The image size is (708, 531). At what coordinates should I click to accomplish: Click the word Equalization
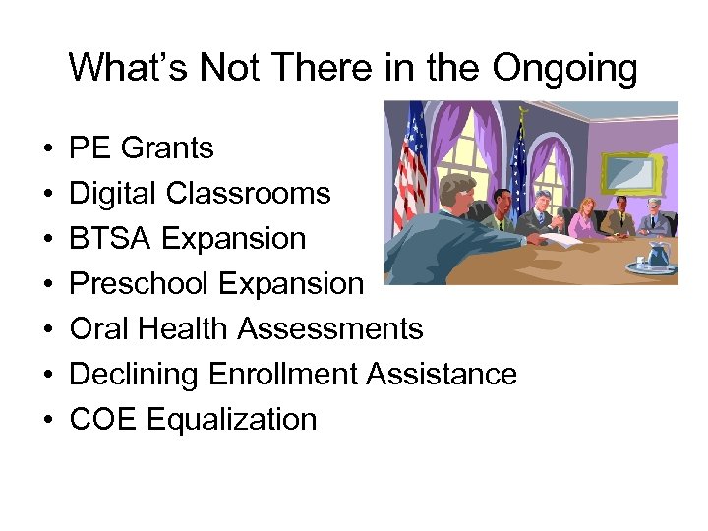[x=232, y=420]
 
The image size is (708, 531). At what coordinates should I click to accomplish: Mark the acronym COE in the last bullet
[x=103, y=420]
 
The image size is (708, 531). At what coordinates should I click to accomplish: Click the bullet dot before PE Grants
[x=47, y=149]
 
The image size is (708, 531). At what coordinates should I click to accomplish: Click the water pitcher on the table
[x=658, y=254]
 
